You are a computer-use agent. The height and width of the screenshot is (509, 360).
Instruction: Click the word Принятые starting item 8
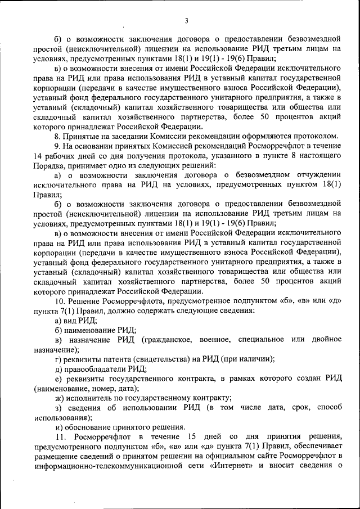pos(83,136)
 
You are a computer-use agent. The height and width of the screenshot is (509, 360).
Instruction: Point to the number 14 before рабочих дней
pos(38,156)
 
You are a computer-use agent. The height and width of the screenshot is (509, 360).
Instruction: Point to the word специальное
pos(267,340)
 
